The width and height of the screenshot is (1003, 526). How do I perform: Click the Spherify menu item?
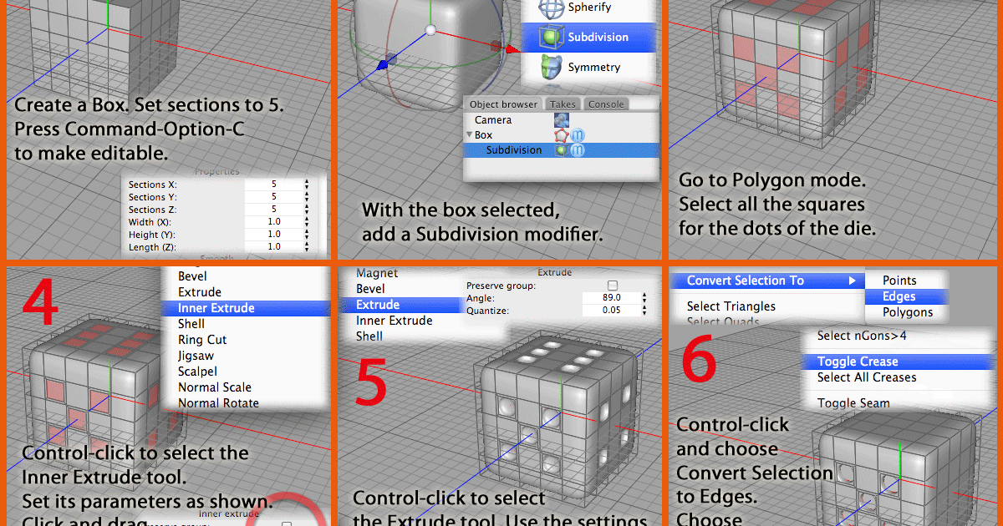[x=588, y=8]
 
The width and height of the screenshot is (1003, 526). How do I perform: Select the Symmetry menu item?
[x=593, y=67]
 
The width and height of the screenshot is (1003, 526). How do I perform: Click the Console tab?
[x=606, y=104]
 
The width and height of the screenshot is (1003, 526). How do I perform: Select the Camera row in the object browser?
[x=492, y=119]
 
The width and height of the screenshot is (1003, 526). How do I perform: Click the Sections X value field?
[x=273, y=184]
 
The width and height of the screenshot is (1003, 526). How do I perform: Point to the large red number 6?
[x=699, y=362]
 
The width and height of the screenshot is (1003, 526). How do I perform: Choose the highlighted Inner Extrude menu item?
[x=216, y=308]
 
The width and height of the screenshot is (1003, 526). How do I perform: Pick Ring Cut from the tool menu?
[x=202, y=340]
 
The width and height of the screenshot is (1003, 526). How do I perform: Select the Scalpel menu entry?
[x=197, y=372]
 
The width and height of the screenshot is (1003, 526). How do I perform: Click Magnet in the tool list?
[x=377, y=273]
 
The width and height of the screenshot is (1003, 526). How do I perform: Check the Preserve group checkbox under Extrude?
[x=612, y=286]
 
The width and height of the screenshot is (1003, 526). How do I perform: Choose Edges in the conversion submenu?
[x=899, y=296]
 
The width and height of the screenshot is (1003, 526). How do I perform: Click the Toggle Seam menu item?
[x=853, y=403]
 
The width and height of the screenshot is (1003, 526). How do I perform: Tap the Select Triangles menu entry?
[x=731, y=306]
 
